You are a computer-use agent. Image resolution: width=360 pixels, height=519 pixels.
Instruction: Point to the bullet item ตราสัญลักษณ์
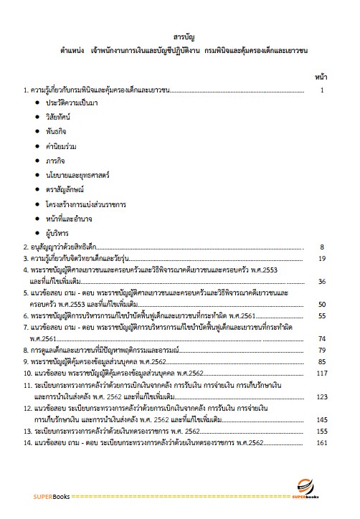click(65, 189)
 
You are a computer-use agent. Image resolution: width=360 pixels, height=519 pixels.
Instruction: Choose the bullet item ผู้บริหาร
click(57, 232)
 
